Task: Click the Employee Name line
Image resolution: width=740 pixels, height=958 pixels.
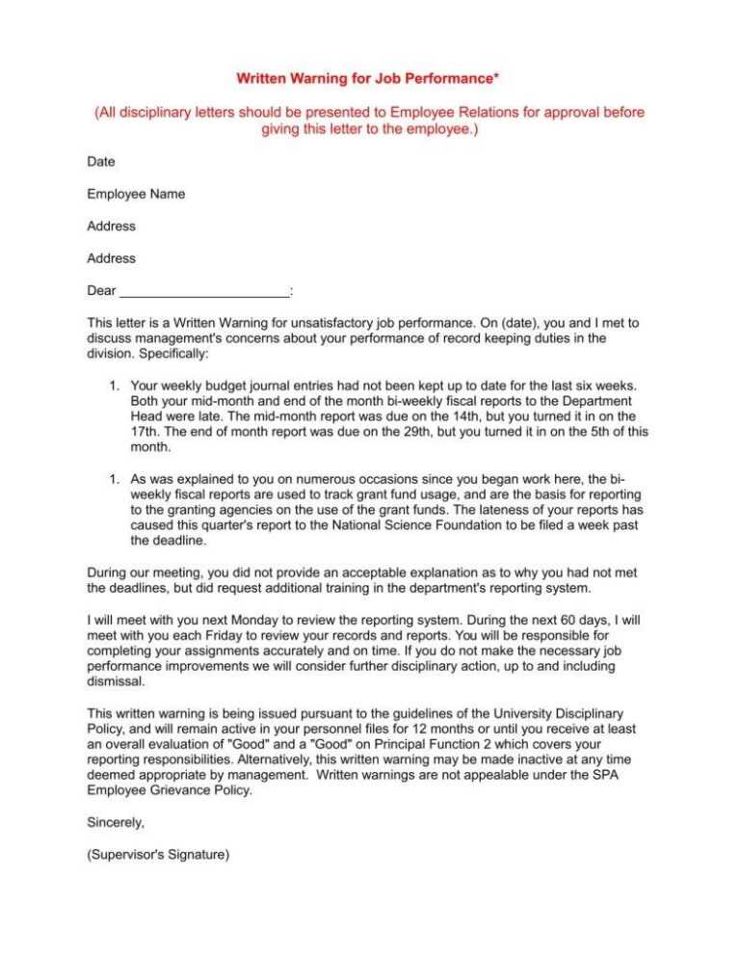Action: click(136, 194)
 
